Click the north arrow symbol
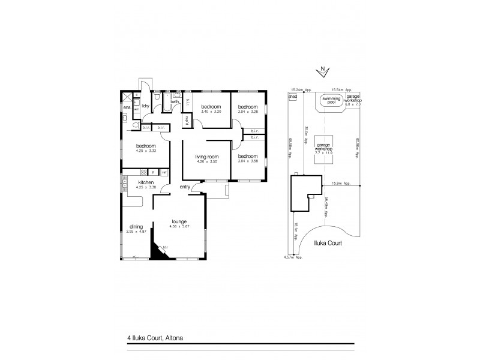point(323,70)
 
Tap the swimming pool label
point(329,100)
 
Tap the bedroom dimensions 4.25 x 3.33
point(146,151)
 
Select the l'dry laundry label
point(145,106)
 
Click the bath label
point(174,102)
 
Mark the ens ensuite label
point(127,107)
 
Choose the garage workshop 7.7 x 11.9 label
point(325,149)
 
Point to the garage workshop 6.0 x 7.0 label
point(352,100)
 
